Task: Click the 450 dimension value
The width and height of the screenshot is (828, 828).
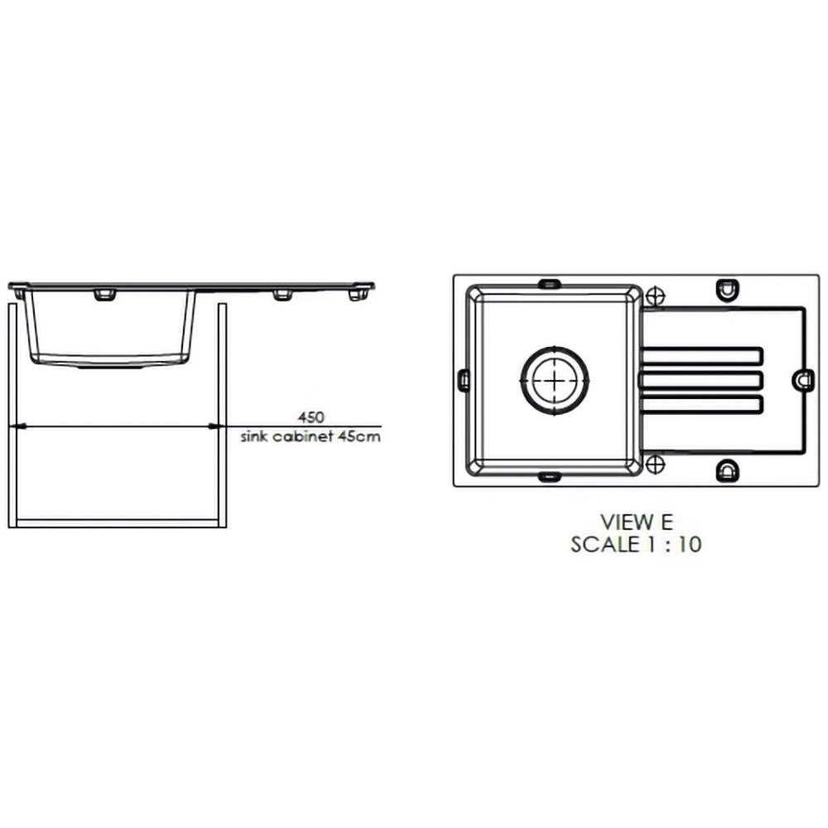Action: point(310,417)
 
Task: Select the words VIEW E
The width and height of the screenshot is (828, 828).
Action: point(637,522)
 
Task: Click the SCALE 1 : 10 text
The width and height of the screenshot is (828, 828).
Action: point(636,544)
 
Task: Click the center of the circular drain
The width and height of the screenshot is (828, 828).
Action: point(555,380)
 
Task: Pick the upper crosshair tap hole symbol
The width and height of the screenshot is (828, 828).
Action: point(655,296)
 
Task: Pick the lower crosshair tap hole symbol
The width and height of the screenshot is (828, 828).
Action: point(655,465)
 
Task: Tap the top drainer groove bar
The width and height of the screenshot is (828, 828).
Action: point(701,356)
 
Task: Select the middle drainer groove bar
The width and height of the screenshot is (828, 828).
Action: point(701,380)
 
